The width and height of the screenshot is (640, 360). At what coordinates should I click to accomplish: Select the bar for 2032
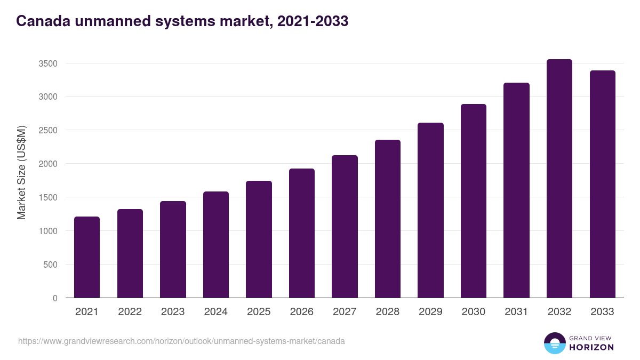[x=559, y=179]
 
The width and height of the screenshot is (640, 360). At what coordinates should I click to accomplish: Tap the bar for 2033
[x=602, y=184]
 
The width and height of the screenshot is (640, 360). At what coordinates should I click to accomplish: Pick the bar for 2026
[x=302, y=233]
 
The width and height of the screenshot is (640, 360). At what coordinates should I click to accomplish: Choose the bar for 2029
[x=430, y=210]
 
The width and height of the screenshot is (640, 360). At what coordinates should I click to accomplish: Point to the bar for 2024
[x=216, y=245]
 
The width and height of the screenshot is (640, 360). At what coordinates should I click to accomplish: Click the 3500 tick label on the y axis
[x=47, y=63]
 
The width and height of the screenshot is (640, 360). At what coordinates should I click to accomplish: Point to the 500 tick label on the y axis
[x=50, y=265]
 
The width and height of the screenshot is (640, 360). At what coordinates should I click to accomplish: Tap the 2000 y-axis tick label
[x=47, y=164]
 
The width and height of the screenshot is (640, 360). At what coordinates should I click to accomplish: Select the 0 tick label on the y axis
[x=54, y=298]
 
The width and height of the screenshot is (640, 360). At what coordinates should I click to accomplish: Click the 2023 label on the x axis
[x=173, y=312]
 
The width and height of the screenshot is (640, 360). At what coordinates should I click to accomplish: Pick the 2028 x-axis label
[x=388, y=312]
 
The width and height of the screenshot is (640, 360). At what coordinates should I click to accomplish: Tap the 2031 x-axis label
[x=516, y=312]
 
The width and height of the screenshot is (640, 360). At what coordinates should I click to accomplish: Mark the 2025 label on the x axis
[x=259, y=312]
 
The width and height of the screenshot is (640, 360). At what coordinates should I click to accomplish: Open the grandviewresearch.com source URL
[x=181, y=341]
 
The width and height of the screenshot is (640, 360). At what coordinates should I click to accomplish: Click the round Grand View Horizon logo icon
[x=554, y=343]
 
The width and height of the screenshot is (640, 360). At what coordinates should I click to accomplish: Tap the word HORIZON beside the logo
[x=591, y=347]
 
